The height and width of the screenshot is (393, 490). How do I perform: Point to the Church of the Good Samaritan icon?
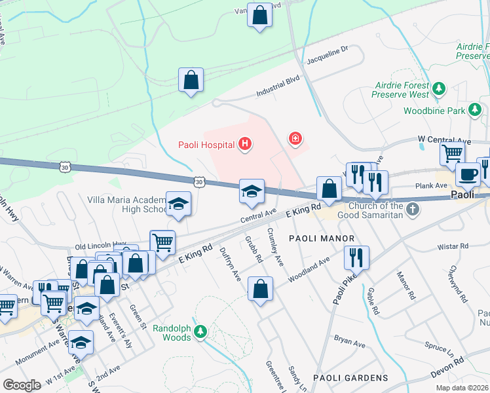pos(411,209)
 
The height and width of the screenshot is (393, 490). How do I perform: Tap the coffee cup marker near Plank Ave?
pos(468,175)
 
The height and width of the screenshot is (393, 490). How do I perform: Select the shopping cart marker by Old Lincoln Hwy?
pos(162,242)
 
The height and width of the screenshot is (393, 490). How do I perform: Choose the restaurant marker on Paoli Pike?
pos(356,257)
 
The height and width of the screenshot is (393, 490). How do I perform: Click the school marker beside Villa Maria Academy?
pos(178,203)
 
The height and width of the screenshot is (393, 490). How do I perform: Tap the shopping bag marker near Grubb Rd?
pos(260,288)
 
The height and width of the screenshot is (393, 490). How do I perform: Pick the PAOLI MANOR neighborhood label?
pos(320,238)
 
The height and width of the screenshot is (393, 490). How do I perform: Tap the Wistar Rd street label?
pos(455,246)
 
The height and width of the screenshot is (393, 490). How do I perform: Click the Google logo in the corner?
pos(22,385)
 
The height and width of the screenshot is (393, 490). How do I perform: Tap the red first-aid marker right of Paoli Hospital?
pos(295,138)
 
